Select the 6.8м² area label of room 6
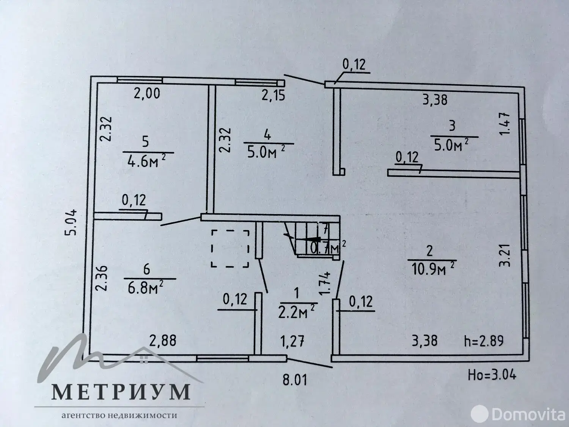146,287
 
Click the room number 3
452,126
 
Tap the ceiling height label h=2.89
484,341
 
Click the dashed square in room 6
230,249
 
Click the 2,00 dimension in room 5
147,93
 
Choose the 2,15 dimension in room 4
273,95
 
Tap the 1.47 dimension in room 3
505,124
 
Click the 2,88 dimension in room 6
163,340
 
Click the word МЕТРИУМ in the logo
121,392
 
